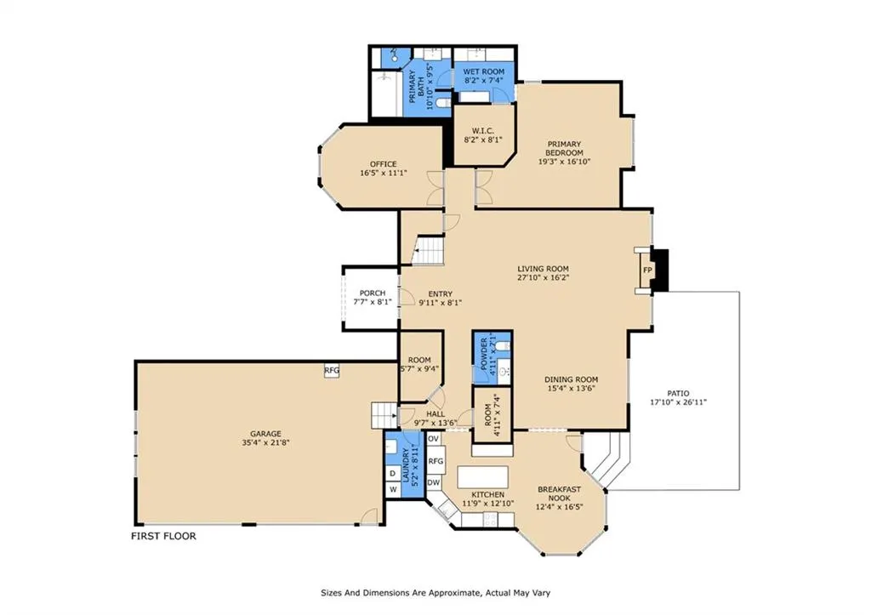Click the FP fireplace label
pyautogui.click(x=647, y=270)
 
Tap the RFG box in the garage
pyautogui.click(x=332, y=371)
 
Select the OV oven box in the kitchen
pyautogui.click(x=433, y=439)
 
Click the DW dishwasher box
pyautogui.click(x=433, y=483)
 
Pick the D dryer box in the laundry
pyautogui.click(x=392, y=473)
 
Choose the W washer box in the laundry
pyautogui.click(x=392, y=489)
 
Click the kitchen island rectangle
pyautogui.click(x=483, y=476)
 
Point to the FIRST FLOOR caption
pyautogui.click(x=163, y=536)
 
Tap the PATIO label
pyautogui.click(x=678, y=393)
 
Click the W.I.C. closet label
pyautogui.click(x=483, y=130)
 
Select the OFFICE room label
pyautogui.click(x=384, y=164)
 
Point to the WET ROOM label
pyautogui.click(x=484, y=71)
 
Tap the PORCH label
pyautogui.click(x=373, y=293)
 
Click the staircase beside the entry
pyautogui.click(x=429, y=251)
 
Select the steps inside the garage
pyautogui.click(x=384, y=416)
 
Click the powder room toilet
pyautogui.click(x=502, y=347)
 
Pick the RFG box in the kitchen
pyautogui.click(x=436, y=461)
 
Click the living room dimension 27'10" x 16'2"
pyautogui.click(x=544, y=277)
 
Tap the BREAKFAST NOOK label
pyautogui.click(x=559, y=494)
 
